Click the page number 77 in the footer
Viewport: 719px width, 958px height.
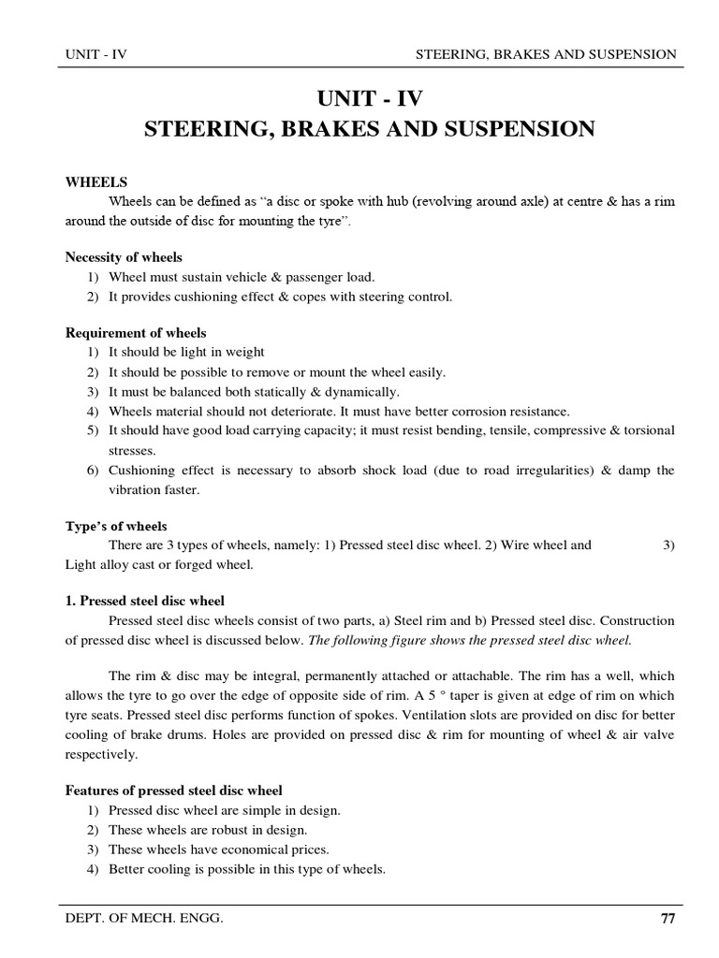[667, 920]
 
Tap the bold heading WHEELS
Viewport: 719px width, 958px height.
[95, 182]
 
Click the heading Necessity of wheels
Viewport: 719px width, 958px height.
[124, 257]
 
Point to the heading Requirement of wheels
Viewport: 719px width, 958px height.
[136, 333]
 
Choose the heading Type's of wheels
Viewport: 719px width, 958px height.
[116, 527]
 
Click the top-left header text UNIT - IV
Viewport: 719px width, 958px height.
[95, 54]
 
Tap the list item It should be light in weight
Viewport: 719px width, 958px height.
[186, 352]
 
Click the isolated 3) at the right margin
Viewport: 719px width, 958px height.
[668, 545]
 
